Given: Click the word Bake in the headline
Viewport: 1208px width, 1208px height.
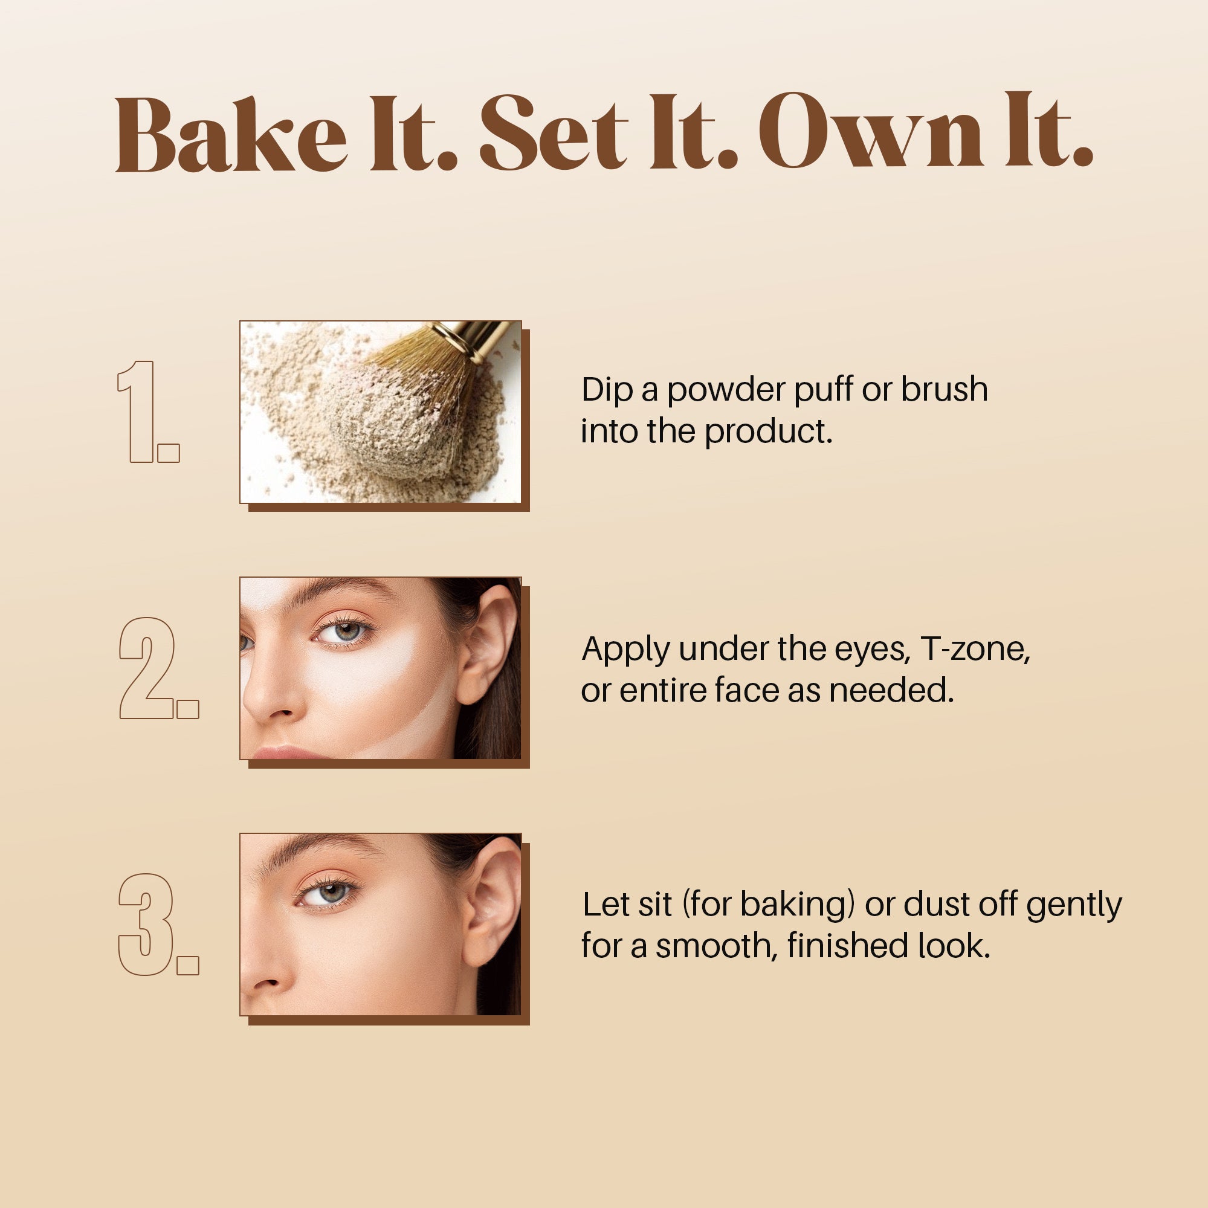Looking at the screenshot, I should click(x=231, y=134).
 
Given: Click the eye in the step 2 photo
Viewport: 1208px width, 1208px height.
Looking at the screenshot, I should click(x=344, y=632).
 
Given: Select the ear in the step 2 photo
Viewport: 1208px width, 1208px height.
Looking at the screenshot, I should click(x=491, y=644).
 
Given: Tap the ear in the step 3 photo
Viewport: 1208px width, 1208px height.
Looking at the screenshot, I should click(x=494, y=900).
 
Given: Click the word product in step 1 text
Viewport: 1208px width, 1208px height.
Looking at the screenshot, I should click(x=769, y=432).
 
